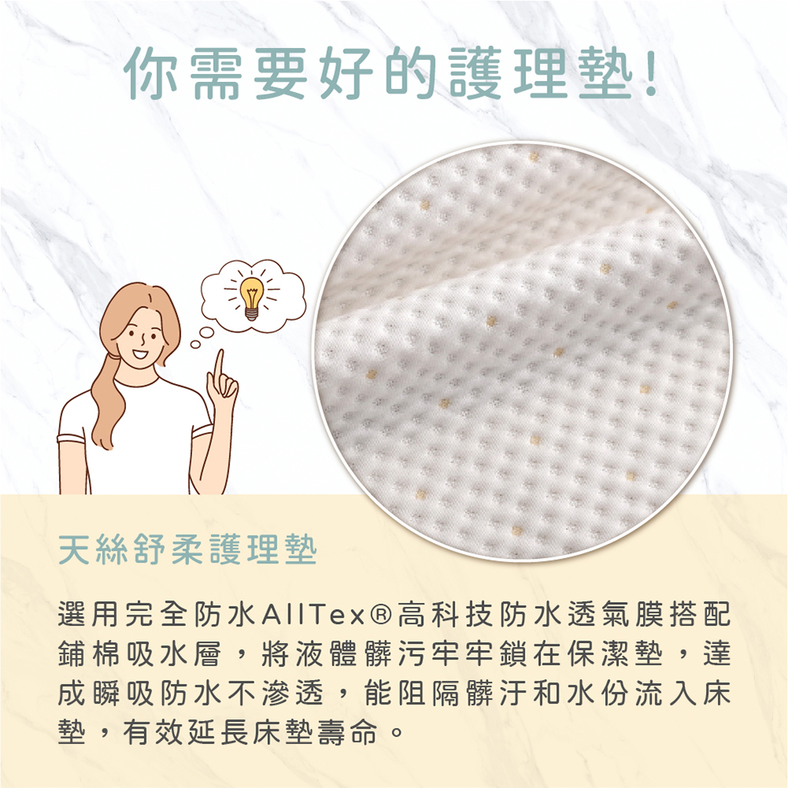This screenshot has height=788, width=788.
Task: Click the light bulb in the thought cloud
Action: click(x=251, y=298)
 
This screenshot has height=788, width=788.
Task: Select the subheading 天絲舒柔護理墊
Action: click(x=188, y=550)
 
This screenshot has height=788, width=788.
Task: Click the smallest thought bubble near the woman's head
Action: click(x=195, y=344)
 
